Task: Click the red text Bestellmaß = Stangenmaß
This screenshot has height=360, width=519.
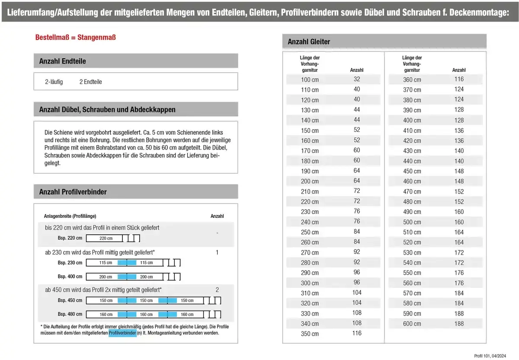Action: pyautogui.click(x=75, y=38)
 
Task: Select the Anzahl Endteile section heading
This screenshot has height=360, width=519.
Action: pyautogui.click(x=62, y=61)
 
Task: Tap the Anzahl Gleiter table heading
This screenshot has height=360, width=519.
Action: pyautogui.click(x=309, y=42)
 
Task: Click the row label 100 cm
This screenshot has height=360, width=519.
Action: pyautogui.click(x=310, y=80)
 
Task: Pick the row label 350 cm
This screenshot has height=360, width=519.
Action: pyautogui.click(x=310, y=334)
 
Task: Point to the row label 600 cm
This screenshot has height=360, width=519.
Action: pyautogui.click(x=412, y=324)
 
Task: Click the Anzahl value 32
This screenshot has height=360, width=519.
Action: pyautogui.click(x=357, y=79)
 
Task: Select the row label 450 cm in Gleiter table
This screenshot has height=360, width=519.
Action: pyautogui.click(x=412, y=171)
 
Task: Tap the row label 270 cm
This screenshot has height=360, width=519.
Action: pyautogui.click(x=310, y=252)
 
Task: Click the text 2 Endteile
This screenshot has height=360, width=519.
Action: pyautogui.click(x=91, y=82)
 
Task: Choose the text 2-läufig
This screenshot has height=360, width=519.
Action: pyautogui.click(x=54, y=82)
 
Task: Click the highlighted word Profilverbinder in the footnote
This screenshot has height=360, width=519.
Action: pyautogui.click(x=122, y=333)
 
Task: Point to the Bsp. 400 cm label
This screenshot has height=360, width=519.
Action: pyautogui.click(x=70, y=277)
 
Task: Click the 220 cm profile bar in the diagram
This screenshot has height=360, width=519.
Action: pyautogui.click(x=106, y=239)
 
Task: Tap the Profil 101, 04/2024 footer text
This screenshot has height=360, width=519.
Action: pyautogui.click(x=490, y=356)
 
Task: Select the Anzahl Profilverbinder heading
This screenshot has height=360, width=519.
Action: pyautogui.click(x=73, y=192)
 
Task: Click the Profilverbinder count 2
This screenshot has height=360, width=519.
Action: pyautogui.click(x=217, y=290)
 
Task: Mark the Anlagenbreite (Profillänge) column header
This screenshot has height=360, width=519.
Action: pyautogui.click(x=70, y=216)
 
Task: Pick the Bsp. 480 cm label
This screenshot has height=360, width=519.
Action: pyautogui.click(x=70, y=314)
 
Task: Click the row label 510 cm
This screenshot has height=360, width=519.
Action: pyautogui.click(x=412, y=232)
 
